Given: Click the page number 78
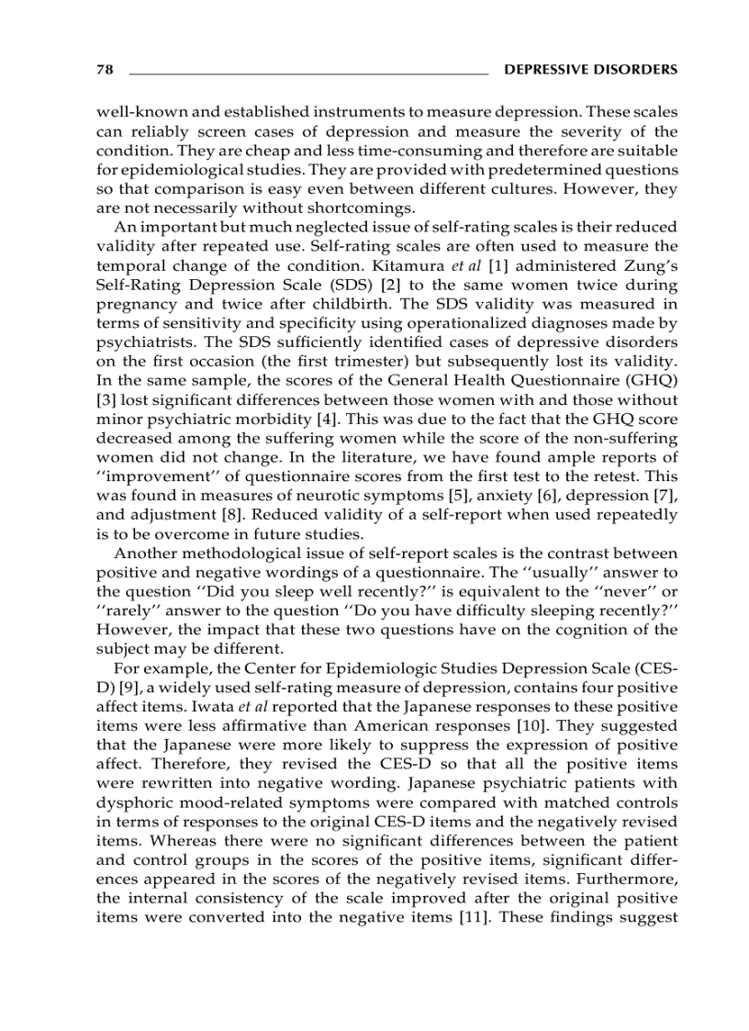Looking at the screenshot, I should (x=104, y=70).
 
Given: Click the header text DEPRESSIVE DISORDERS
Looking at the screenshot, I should (x=591, y=70).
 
